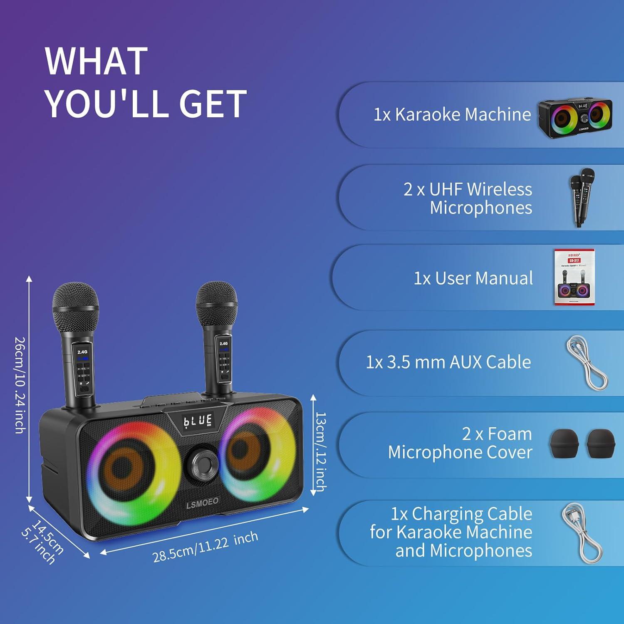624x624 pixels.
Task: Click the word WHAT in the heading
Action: point(96,61)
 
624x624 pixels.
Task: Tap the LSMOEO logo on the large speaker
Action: point(202,503)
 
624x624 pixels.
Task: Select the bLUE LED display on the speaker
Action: point(198,421)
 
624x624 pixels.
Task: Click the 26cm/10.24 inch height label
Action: point(20,385)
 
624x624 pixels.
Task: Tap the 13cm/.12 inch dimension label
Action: point(321,451)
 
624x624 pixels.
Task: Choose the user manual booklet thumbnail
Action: point(574,277)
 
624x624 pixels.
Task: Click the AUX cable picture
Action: point(587,363)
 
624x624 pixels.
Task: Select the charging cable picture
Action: point(582,533)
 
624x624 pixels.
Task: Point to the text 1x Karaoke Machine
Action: point(452,114)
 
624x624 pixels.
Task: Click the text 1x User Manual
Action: point(473,278)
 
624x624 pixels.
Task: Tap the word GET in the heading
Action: point(213,104)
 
